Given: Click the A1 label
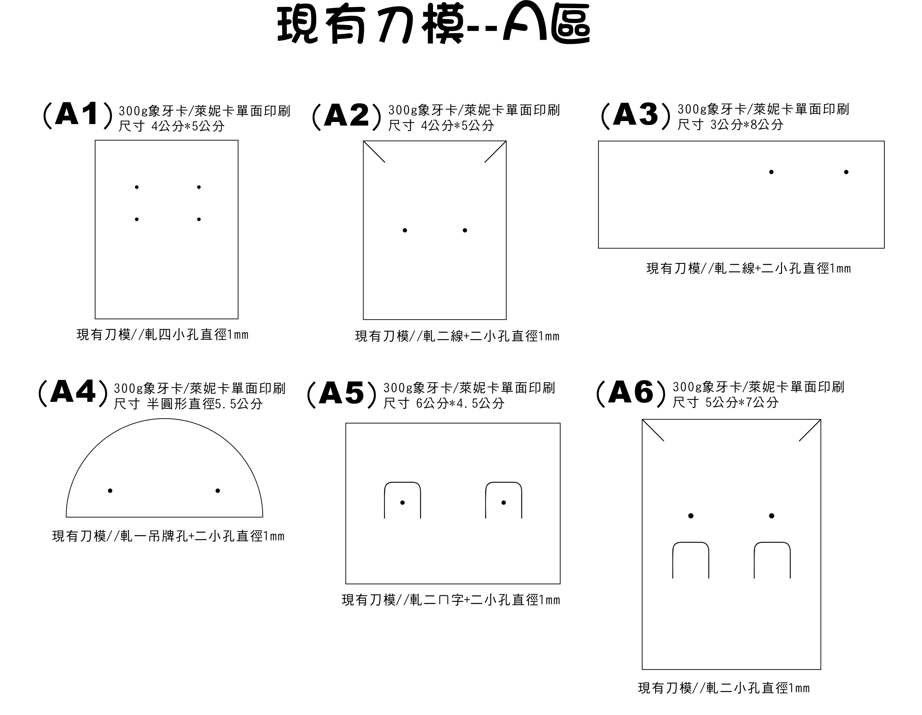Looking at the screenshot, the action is (78, 114).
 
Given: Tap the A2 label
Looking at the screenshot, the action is (346, 116).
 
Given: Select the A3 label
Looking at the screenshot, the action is (636, 115).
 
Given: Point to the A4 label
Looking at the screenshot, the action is (73, 392).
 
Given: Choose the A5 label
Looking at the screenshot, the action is (342, 394).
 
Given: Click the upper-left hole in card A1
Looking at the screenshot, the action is (137, 187).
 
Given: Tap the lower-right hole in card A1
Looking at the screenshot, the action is (199, 219).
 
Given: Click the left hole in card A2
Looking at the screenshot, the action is (405, 230).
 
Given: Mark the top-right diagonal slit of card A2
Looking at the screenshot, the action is (495, 152).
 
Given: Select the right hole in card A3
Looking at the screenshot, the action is (846, 172).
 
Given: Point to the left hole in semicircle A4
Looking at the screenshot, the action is (110, 490).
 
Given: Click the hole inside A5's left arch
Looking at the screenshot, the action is (402, 502).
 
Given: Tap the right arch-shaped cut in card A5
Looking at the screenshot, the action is (504, 482).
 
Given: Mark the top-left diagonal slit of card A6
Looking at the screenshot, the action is (653, 430).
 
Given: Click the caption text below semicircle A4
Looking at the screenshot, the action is (168, 536).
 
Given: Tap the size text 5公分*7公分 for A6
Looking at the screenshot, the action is (742, 402).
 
